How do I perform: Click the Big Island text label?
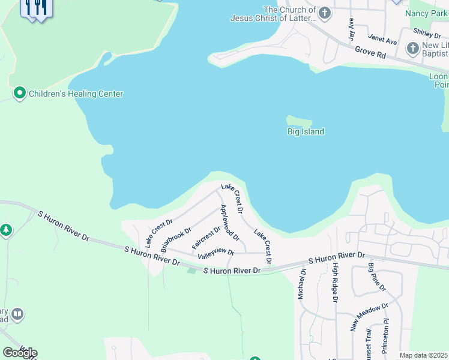click(x=306, y=132)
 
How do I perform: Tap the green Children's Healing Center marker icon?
click(x=20, y=93)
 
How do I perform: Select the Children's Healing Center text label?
click(x=76, y=94)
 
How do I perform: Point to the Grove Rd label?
click(x=370, y=53)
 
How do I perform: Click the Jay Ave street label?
click(x=352, y=29)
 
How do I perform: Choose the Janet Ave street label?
click(x=382, y=40)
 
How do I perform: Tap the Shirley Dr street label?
click(x=427, y=32)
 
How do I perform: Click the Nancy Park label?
click(x=426, y=13)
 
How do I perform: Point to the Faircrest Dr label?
click(x=206, y=238)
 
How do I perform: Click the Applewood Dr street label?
click(x=230, y=223)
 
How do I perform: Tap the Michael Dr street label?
click(x=302, y=284)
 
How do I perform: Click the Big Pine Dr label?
click(x=376, y=277)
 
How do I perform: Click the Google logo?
click(x=20, y=353)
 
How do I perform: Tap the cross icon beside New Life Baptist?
click(x=412, y=48)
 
